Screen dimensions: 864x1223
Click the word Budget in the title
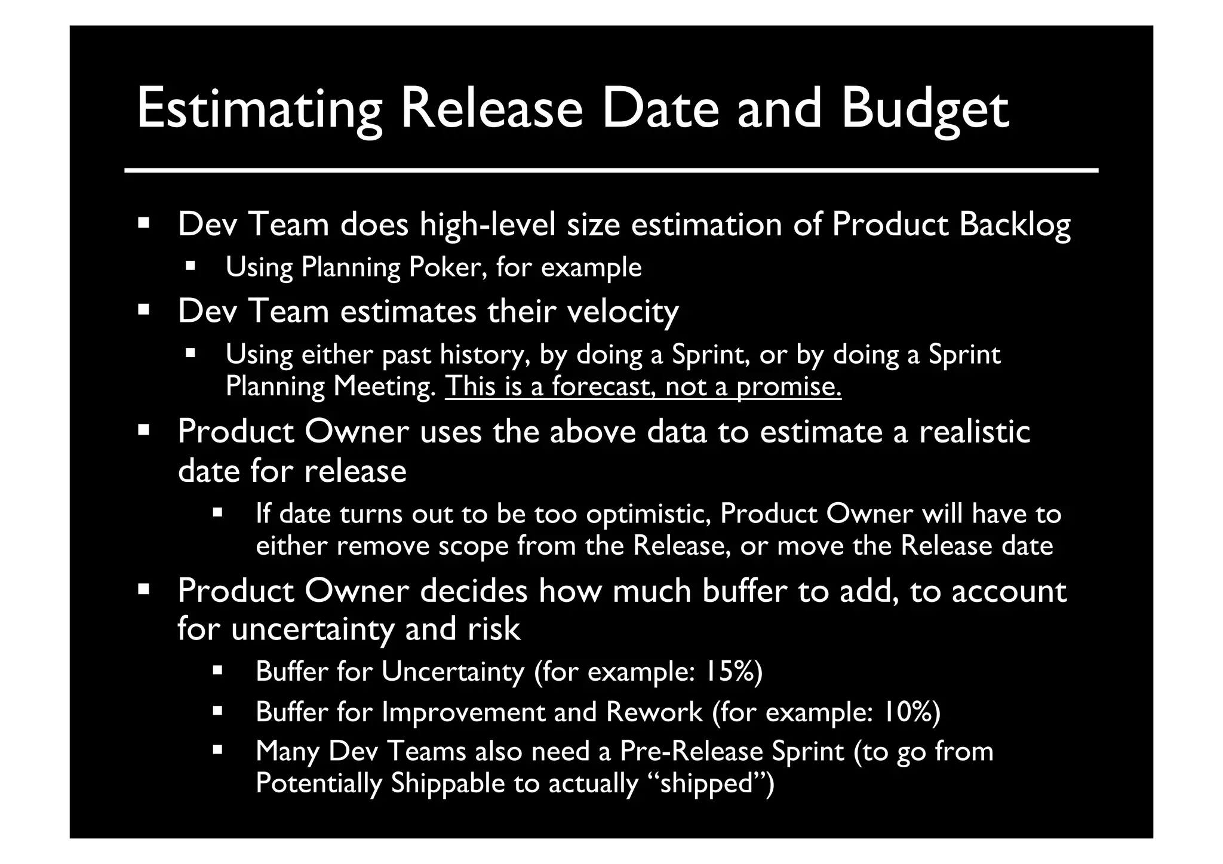pos(925,109)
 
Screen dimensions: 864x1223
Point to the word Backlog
pos(1015,225)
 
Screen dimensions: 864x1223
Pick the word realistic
pos(974,432)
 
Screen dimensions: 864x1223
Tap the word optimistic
pos(648,514)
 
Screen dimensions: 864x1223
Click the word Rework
pos(654,712)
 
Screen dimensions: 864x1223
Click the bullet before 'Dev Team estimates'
pos(143,310)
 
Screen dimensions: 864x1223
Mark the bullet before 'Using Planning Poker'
pos(190,265)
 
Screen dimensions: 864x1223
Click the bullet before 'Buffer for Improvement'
pos(217,711)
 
